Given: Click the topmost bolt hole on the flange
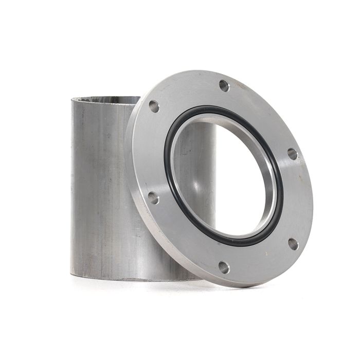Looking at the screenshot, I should [x=224, y=86].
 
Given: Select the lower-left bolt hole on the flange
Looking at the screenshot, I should [x=153, y=197].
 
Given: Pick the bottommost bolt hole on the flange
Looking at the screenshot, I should [x=224, y=267].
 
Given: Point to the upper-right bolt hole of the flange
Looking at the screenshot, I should [x=292, y=154].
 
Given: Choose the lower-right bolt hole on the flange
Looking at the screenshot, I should [x=293, y=243].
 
